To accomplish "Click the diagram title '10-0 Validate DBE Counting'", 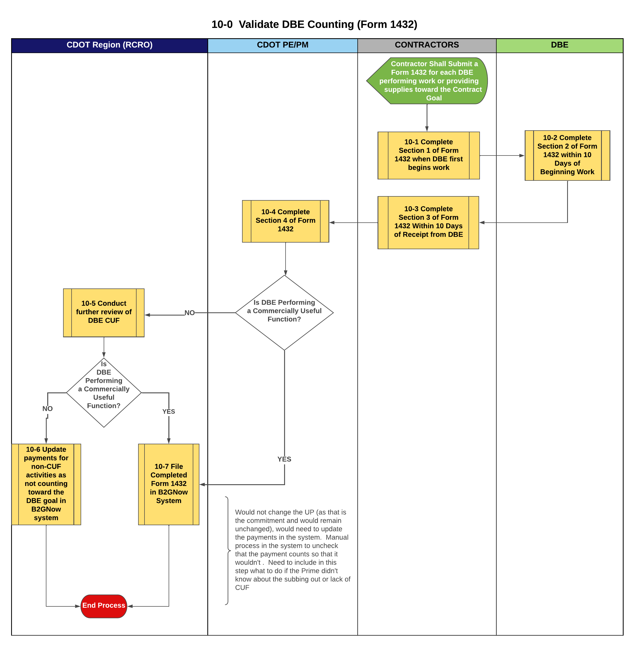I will coord(314,24).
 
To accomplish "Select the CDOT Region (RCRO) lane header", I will coord(110,45).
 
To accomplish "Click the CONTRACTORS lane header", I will coord(427,45).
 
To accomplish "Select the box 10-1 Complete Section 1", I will coord(428,155).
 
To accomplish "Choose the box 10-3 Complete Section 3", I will coord(428,222).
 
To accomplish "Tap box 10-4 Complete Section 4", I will coord(286,221).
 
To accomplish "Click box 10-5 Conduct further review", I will coord(104,312).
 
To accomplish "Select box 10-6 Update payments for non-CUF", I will coord(46,484).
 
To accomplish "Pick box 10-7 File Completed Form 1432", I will coord(169,484).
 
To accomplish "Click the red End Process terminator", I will coord(104,606).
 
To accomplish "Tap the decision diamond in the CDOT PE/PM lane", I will coord(284,312).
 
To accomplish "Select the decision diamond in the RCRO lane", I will coord(104,392).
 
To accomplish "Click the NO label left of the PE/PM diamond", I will coord(189,313).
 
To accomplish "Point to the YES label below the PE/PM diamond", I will coord(284,459).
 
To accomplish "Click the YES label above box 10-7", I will coord(169,411).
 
